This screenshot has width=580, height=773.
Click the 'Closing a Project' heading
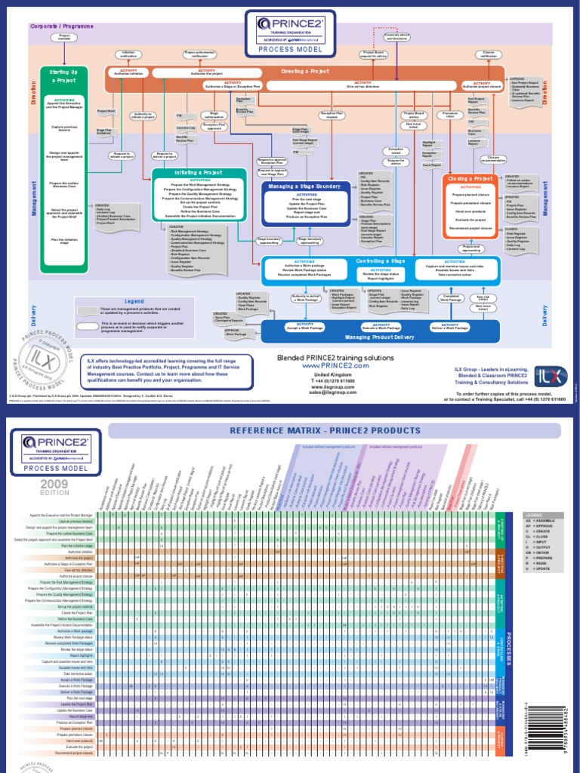470,179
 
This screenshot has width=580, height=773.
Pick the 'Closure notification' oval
489,54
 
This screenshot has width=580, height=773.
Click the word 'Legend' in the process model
134,301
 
